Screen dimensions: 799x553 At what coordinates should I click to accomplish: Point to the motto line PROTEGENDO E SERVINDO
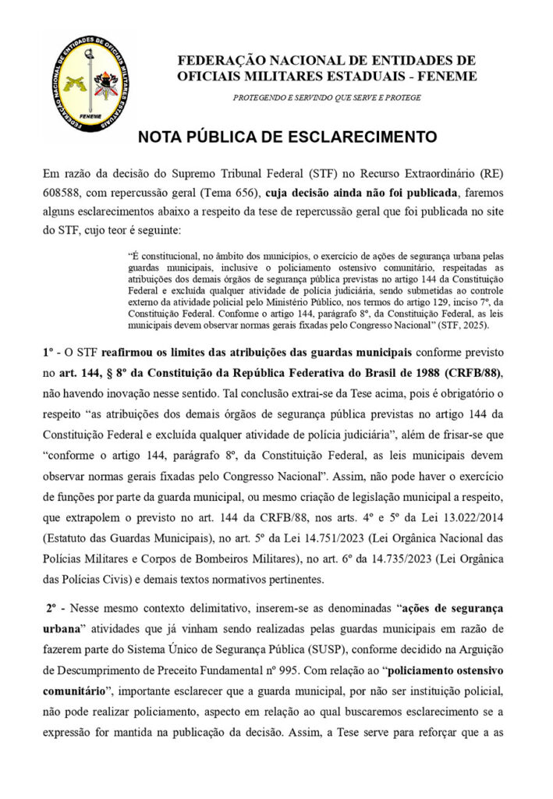327,98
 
